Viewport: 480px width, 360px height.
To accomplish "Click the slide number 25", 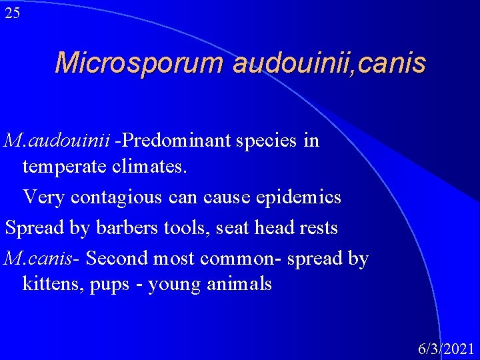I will (12, 13).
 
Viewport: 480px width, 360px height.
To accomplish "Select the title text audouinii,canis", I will (329, 63).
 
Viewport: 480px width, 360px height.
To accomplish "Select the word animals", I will (234, 285).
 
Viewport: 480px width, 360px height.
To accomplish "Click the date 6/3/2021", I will (446, 349).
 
